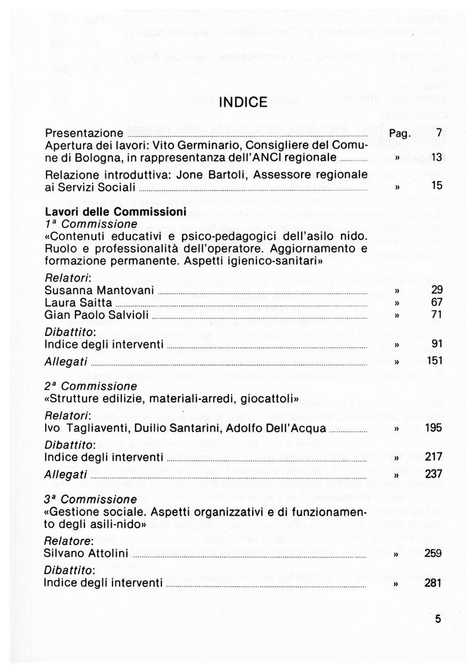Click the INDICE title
click(x=243, y=102)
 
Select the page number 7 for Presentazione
click(x=439, y=132)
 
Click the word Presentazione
click(x=84, y=133)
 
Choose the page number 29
click(x=436, y=290)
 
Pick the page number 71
click(x=436, y=315)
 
